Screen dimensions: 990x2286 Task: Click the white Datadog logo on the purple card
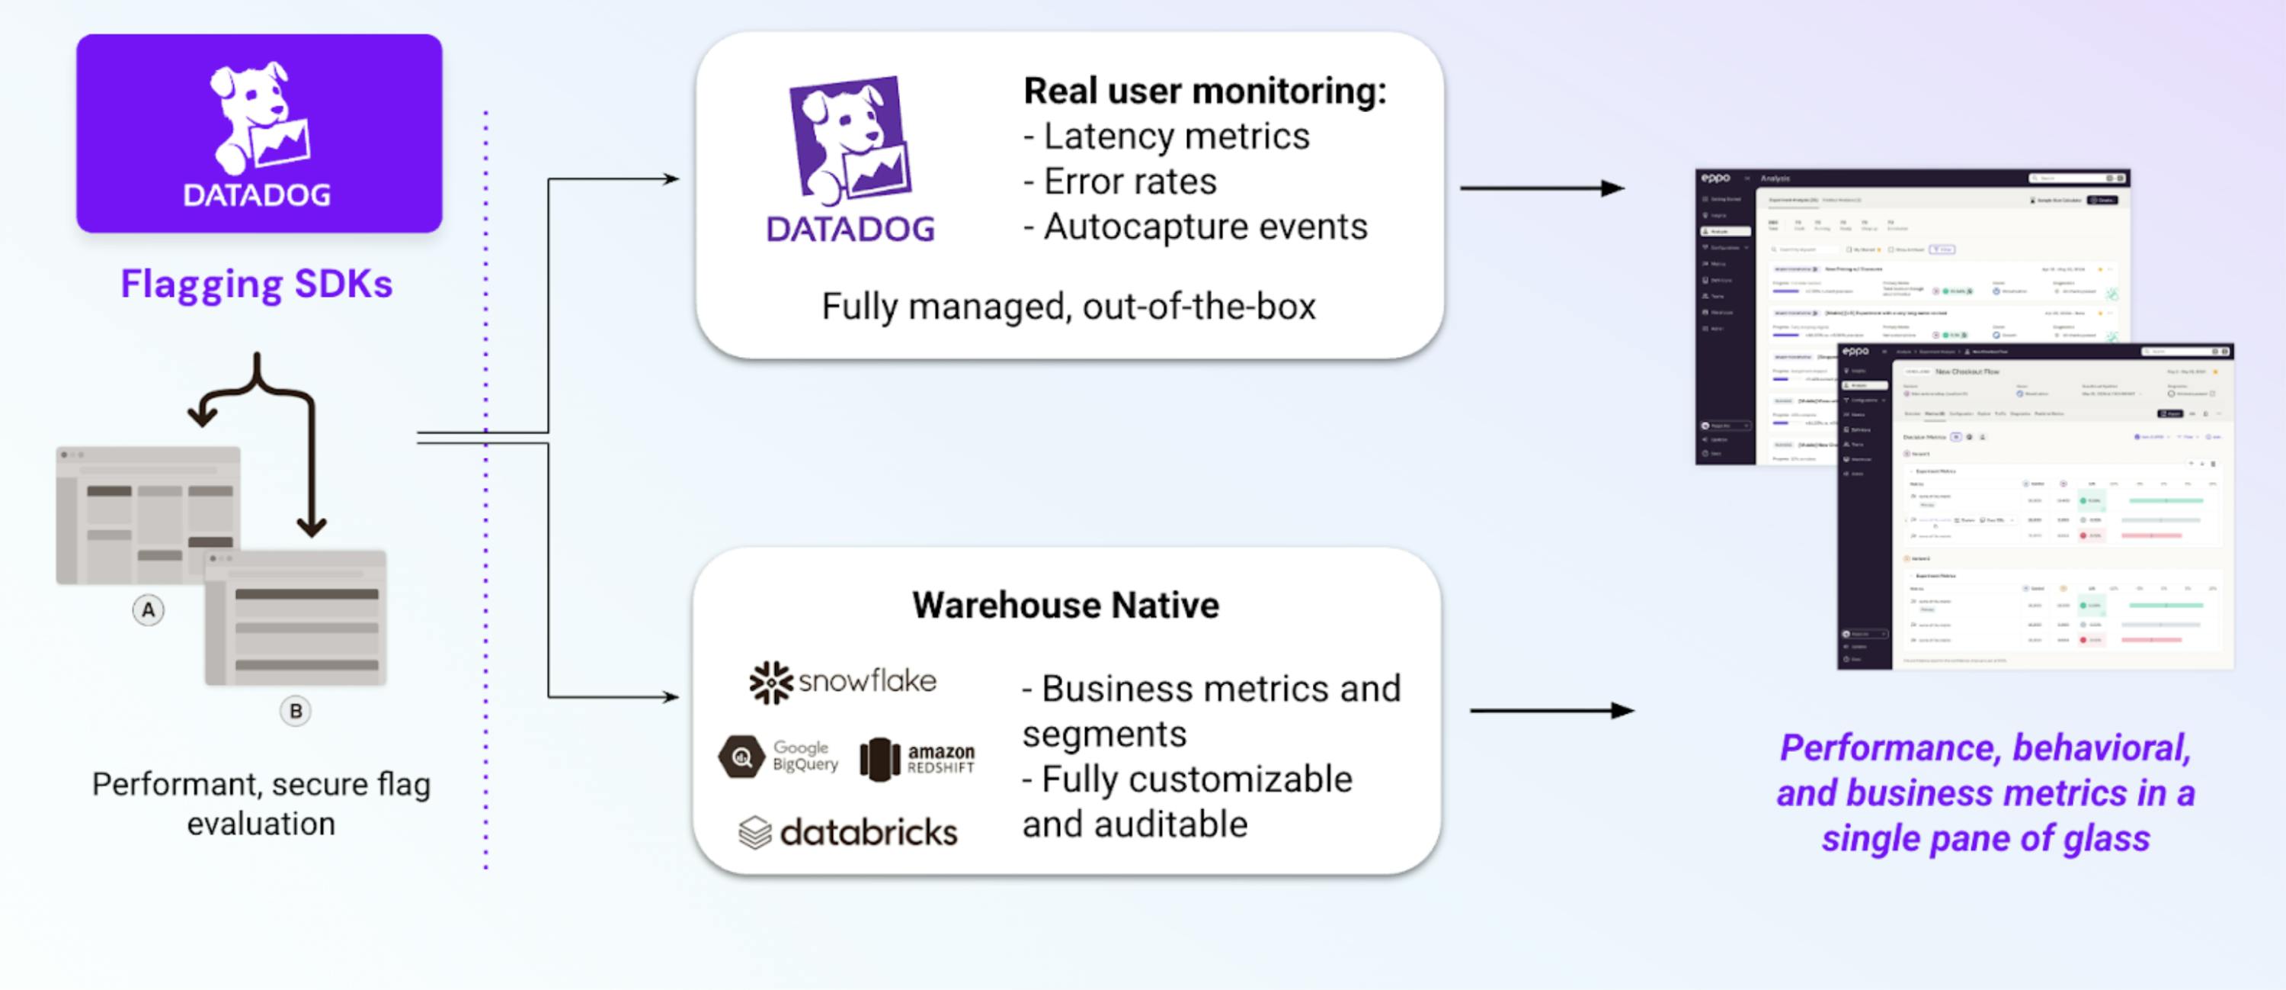[x=258, y=133]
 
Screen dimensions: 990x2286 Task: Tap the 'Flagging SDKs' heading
[x=257, y=284]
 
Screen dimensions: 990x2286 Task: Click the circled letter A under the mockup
[x=148, y=610]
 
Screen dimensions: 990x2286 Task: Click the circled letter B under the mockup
[x=296, y=710]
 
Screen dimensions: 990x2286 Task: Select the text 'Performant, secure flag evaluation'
[x=261, y=804]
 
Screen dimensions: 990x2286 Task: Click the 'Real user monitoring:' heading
[x=1204, y=91]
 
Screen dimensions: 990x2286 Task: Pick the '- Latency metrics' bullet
[x=1166, y=137]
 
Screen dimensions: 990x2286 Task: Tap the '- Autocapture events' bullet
[x=1196, y=227]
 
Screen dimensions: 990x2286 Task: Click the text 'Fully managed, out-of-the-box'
[x=1068, y=307]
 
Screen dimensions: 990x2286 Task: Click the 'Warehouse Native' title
[x=1065, y=606]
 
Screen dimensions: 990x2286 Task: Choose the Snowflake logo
[x=843, y=682]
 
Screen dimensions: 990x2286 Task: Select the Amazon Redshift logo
[x=917, y=759]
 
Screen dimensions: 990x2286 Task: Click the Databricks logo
[x=848, y=832]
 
